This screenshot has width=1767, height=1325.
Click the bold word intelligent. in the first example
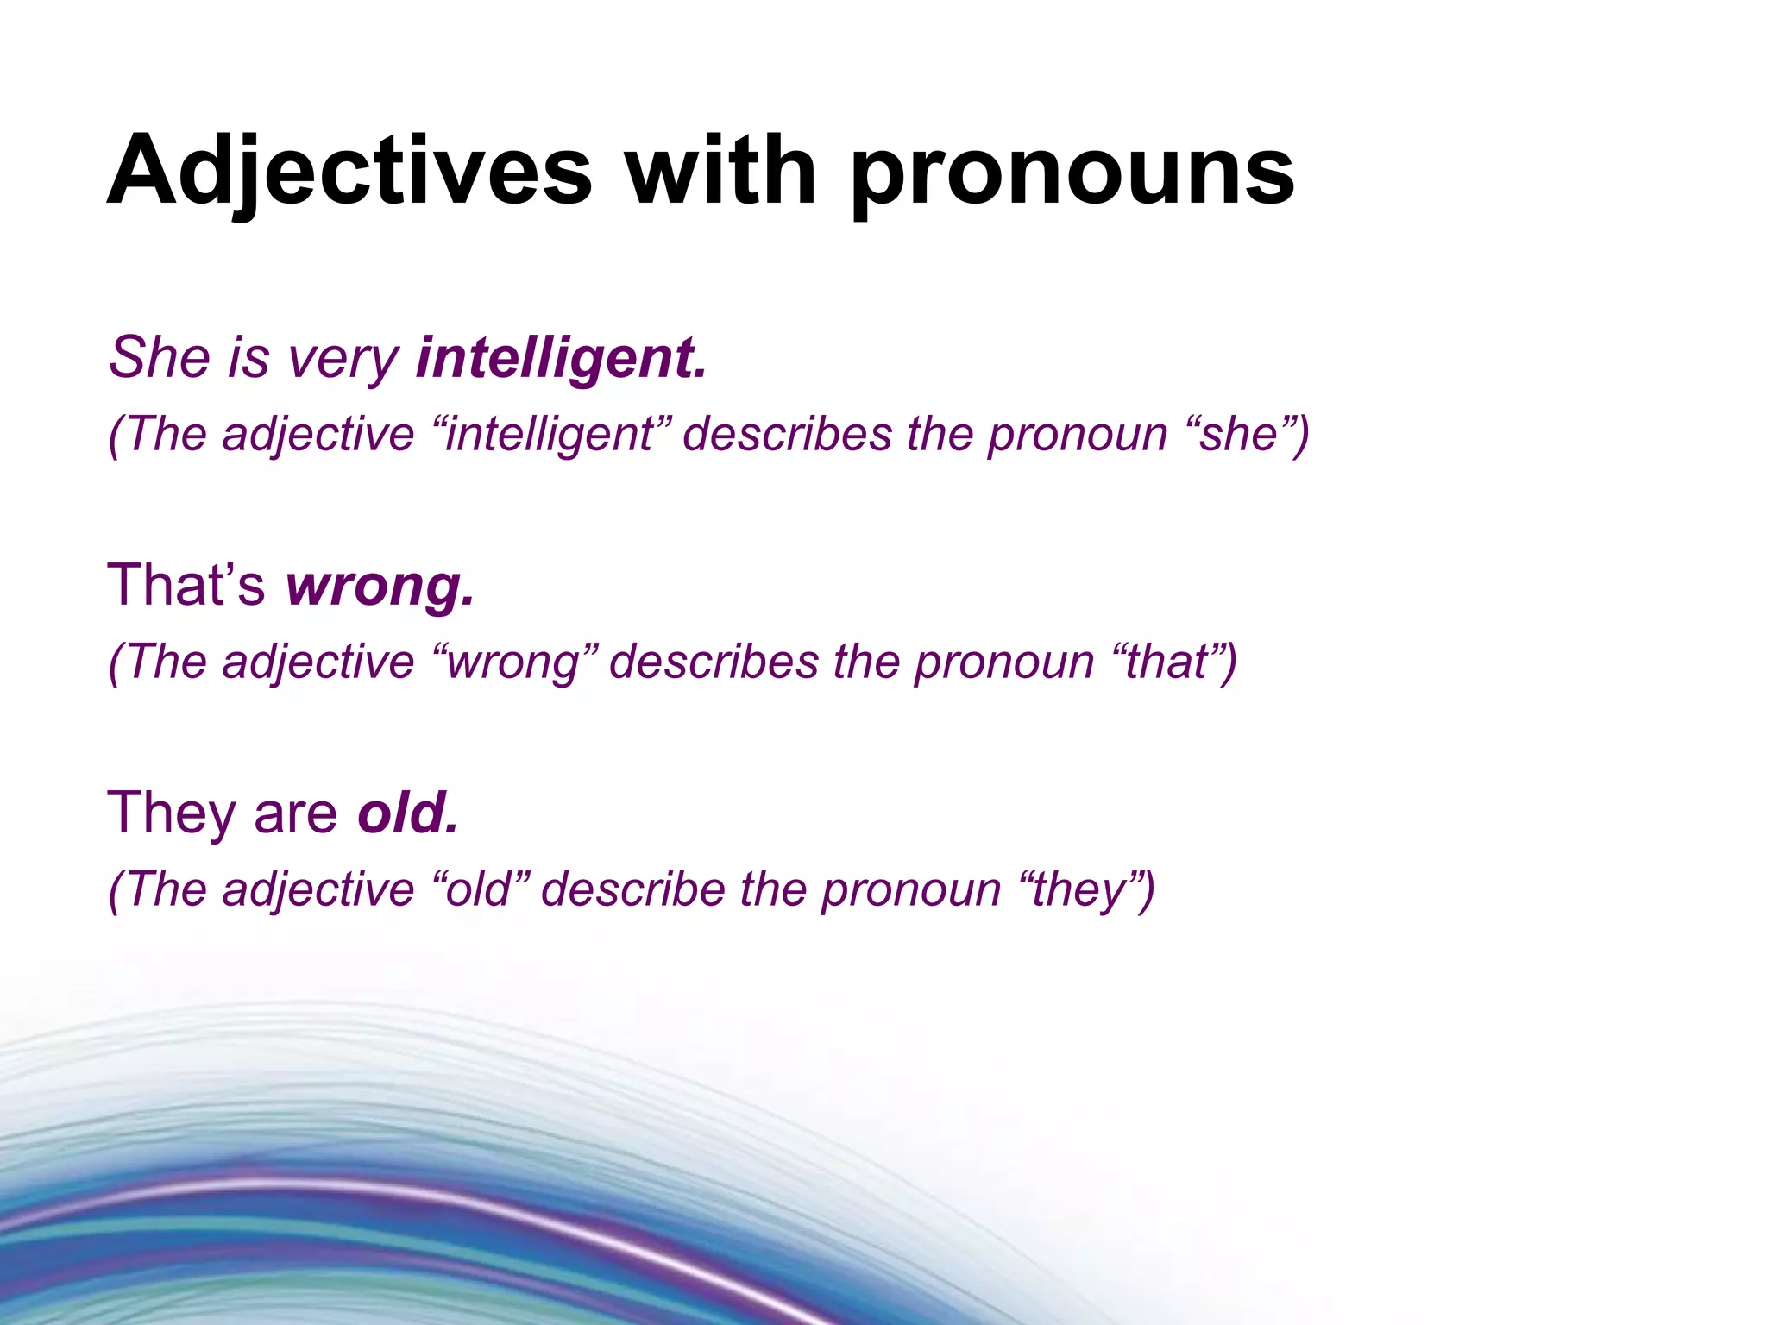[x=561, y=357]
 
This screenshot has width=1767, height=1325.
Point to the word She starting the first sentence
[x=160, y=357]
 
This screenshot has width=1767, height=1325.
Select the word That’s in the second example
[x=186, y=585]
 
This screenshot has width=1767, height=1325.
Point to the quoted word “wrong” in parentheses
[x=514, y=662]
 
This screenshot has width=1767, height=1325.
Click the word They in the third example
[x=172, y=813]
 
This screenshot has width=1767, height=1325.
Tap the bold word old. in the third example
[x=407, y=813]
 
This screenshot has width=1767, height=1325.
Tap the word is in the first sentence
[x=248, y=357]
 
